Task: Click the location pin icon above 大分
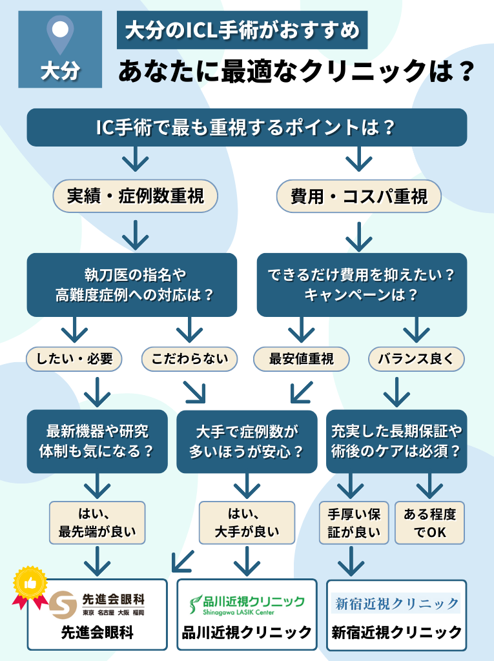[x=60, y=34]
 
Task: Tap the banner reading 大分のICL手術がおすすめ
[x=242, y=30]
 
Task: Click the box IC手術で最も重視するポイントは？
[x=246, y=127]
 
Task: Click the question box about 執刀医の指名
[x=132, y=285]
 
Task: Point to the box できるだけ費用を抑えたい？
[x=362, y=285]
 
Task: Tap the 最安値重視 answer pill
[x=301, y=360]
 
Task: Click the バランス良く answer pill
[x=416, y=360]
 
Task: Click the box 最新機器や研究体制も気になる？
[x=97, y=442]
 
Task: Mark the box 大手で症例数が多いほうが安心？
[x=247, y=442]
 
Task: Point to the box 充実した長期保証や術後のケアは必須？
[x=396, y=442]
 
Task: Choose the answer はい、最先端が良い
[x=97, y=523]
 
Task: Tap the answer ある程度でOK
[x=429, y=523]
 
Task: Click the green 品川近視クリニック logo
[x=247, y=604]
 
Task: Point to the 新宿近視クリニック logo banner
[x=396, y=604]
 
